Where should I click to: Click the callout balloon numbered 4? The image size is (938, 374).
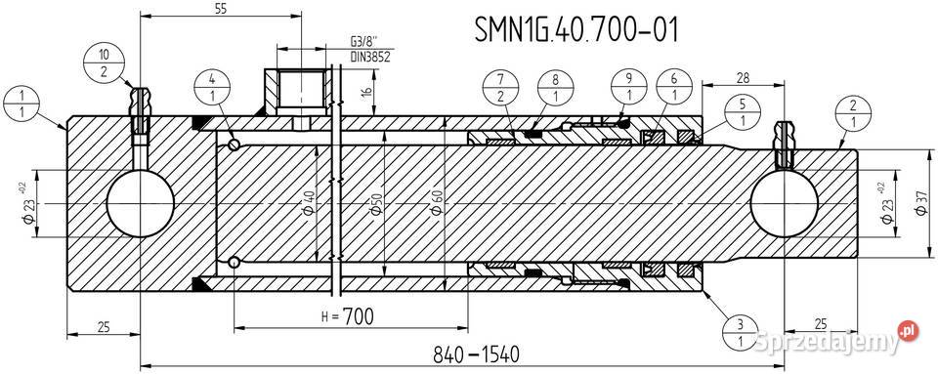click(212, 89)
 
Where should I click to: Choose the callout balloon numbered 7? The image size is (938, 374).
click(499, 89)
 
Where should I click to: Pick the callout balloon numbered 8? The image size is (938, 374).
click(553, 89)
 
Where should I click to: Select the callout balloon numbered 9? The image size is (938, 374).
click(630, 89)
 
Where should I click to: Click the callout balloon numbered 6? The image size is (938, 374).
click(675, 89)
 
